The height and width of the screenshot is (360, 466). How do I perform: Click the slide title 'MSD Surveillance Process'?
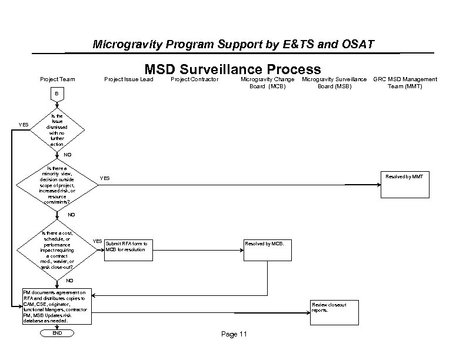pos(232,69)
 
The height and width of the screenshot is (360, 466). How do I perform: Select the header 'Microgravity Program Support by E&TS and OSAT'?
pos(233,45)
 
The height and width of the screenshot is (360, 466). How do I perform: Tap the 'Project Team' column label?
pos(57,79)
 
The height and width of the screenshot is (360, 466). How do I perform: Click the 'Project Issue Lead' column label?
pos(128,79)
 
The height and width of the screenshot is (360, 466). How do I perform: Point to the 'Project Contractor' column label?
pos(194,79)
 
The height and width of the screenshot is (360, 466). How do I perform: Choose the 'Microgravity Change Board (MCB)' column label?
pos(268,82)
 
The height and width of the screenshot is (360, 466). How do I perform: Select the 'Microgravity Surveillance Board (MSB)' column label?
pos(334,82)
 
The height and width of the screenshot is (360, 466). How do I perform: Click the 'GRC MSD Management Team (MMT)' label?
pos(405,82)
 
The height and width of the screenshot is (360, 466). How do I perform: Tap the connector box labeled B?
pos(57,94)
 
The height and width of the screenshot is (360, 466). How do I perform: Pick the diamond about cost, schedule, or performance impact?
pos(57,250)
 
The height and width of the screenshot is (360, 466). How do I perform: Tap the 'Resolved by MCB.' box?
pos(267,251)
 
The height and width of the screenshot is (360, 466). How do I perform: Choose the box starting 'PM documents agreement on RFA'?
pos(57,306)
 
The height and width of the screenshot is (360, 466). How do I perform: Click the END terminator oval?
pos(57,333)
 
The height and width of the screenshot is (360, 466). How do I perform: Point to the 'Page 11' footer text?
pos(234,335)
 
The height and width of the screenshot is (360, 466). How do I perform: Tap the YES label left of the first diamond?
pos(24,125)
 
